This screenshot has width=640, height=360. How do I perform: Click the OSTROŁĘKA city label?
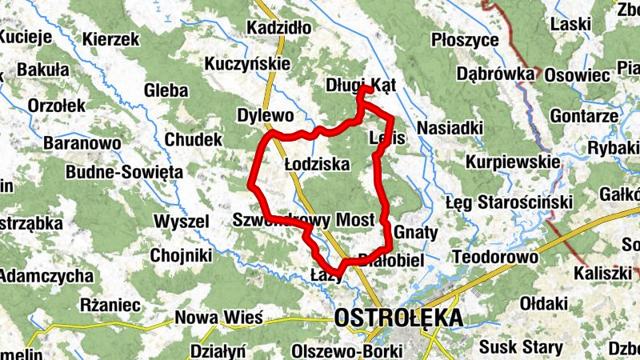399,318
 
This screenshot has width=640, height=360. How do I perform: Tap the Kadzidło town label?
279,29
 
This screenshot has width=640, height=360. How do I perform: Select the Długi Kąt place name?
362,85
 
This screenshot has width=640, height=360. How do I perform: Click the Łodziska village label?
318,164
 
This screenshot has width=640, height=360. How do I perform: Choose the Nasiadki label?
450,128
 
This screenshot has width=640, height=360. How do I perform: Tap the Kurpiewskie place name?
512,162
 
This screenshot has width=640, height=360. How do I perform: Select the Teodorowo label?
494,258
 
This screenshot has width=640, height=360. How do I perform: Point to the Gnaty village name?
416,233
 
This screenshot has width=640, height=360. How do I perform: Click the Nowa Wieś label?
219,318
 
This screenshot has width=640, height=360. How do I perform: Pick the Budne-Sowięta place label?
124,171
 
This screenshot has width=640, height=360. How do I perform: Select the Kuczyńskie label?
246,62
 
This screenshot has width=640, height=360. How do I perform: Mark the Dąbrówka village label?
495,74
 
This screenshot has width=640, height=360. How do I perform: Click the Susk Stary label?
521,348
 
